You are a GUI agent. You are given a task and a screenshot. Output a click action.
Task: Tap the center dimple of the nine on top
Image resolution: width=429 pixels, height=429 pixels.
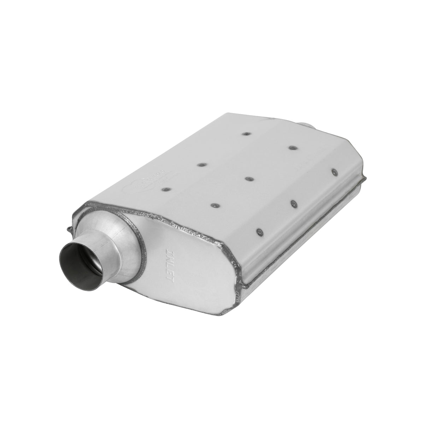click(x=248, y=179)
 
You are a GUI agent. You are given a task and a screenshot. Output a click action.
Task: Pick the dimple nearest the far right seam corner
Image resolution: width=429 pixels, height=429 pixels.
click(x=334, y=172)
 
